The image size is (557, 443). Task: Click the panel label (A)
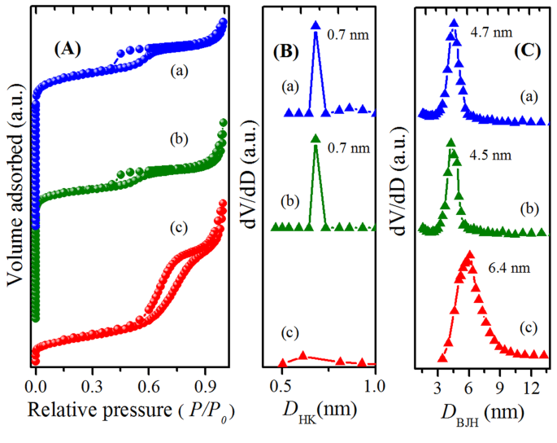(68, 48)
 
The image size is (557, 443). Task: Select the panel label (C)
(529, 50)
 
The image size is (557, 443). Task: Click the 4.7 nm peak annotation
(491, 33)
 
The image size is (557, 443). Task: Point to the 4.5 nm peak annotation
(491, 152)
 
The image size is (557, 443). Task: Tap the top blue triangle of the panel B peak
(315, 26)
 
